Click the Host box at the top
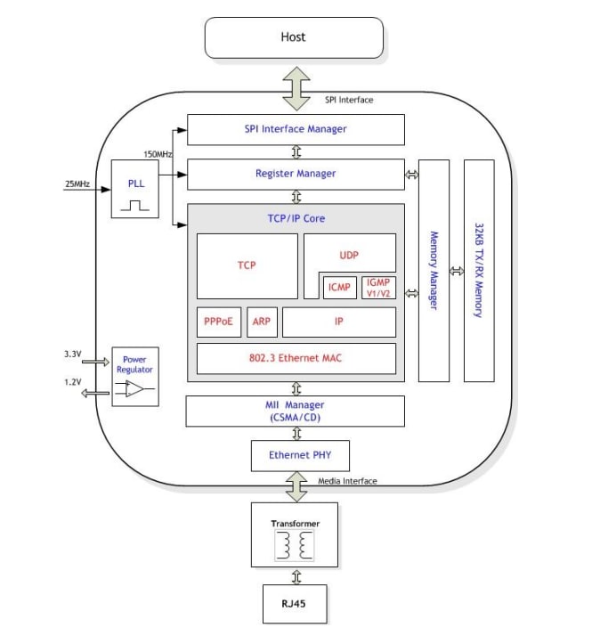294,37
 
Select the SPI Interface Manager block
296,129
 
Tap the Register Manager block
296,174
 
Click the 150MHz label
158,154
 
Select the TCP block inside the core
247,265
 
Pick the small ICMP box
338,287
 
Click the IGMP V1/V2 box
377,287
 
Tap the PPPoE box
218,322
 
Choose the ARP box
261,322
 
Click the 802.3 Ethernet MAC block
296,359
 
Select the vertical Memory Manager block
434,271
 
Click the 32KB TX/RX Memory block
478,271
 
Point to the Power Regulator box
134,376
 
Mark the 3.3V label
72,354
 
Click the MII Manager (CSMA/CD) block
296,411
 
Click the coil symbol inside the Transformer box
295,545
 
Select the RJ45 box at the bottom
295,604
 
